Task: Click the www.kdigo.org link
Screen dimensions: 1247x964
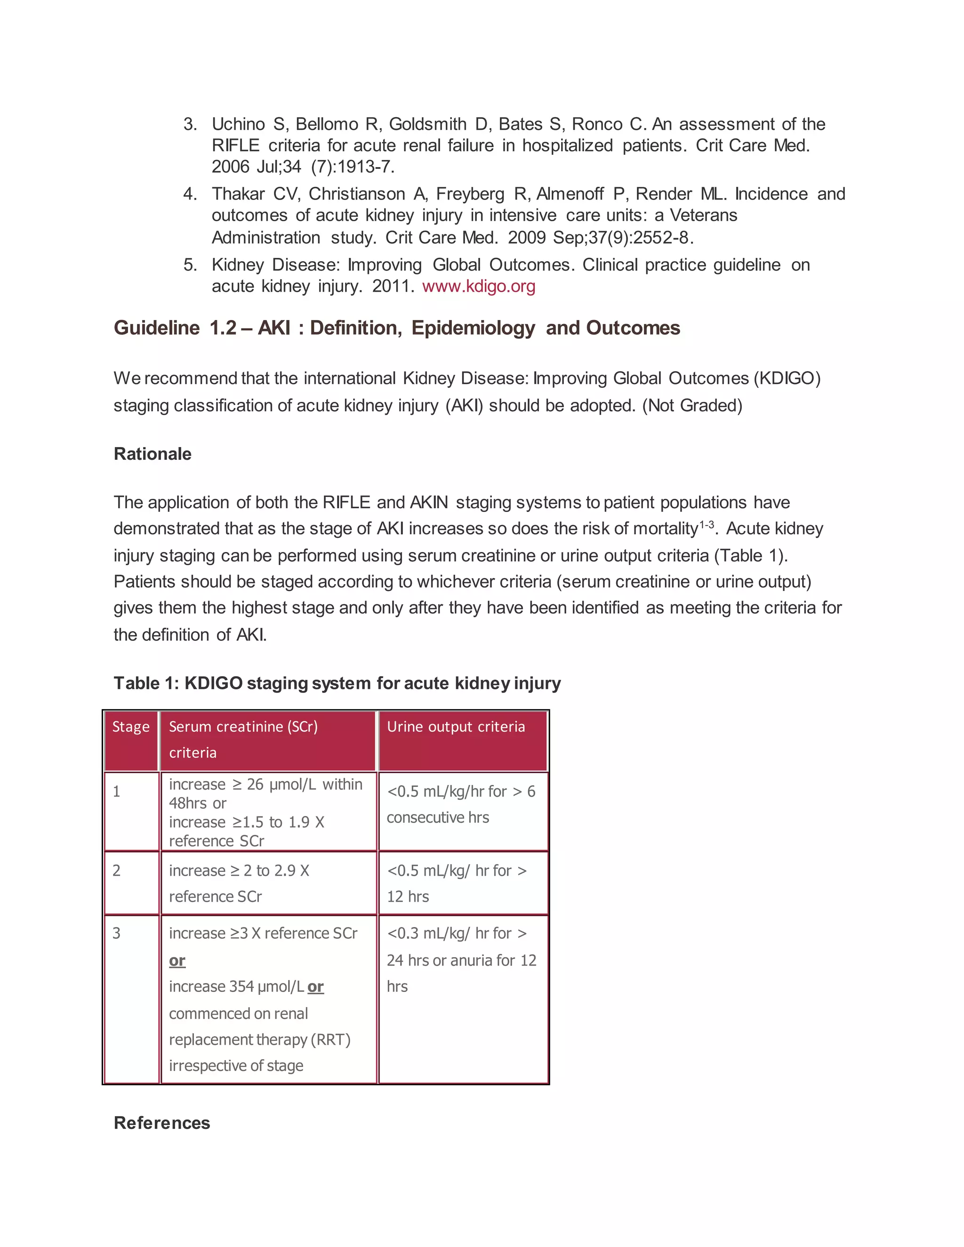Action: [479, 286]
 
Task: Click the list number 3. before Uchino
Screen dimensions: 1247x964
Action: [190, 124]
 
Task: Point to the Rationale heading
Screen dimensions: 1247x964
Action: [153, 454]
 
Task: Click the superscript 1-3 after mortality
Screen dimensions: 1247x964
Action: [707, 524]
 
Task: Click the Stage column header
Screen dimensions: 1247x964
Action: [131, 727]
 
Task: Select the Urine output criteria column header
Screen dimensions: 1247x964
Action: [456, 727]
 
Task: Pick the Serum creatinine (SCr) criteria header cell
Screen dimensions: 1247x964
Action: [243, 739]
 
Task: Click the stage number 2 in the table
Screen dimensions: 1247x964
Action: [117, 871]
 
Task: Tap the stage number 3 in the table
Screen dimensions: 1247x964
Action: [117, 933]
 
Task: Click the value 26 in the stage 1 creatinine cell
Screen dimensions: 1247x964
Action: [255, 784]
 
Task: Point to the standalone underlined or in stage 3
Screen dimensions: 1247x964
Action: [177, 960]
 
